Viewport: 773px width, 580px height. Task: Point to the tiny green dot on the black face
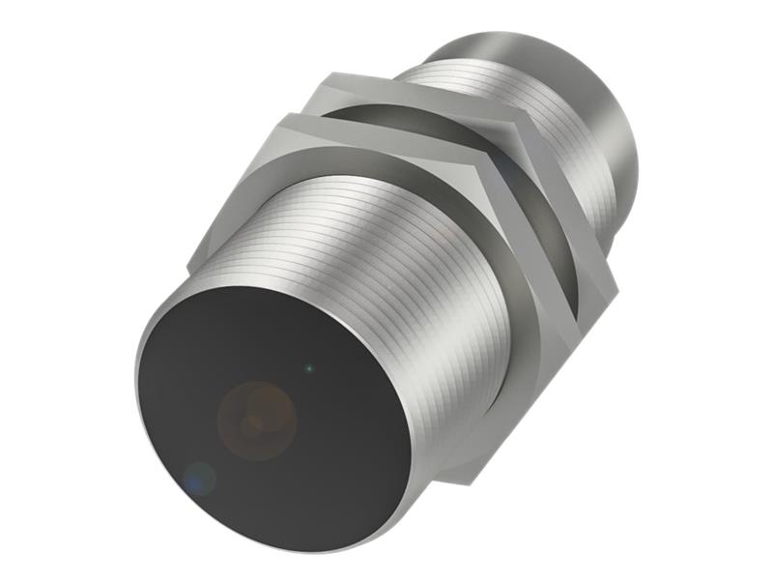[x=308, y=367]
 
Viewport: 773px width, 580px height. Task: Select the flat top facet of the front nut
[x=386, y=135]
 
